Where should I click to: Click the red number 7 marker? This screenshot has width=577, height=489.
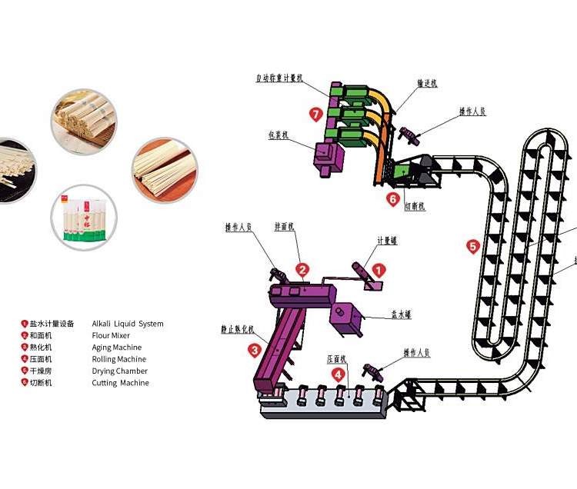click(x=315, y=115)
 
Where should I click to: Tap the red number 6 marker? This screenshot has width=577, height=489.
click(x=392, y=198)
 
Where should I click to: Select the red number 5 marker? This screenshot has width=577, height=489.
click(x=473, y=247)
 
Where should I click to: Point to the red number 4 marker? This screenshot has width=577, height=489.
click(x=337, y=374)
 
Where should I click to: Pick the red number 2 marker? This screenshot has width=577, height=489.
click(x=303, y=270)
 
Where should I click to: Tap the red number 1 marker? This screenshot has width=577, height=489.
click(x=379, y=271)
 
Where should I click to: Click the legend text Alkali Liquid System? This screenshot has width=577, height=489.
click(x=128, y=324)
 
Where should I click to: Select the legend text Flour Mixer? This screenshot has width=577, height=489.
click(x=111, y=335)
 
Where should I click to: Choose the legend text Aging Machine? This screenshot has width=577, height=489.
click(x=117, y=348)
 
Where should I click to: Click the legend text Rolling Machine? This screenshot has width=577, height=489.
click(x=118, y=359)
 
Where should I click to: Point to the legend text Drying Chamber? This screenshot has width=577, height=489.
click(x=120, y=371)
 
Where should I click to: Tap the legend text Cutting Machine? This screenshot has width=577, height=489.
click(x=121, y=383)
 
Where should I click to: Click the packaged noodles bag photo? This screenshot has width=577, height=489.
click(x=84, y=218)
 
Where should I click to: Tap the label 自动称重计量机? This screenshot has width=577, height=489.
click(x=281, y=78)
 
